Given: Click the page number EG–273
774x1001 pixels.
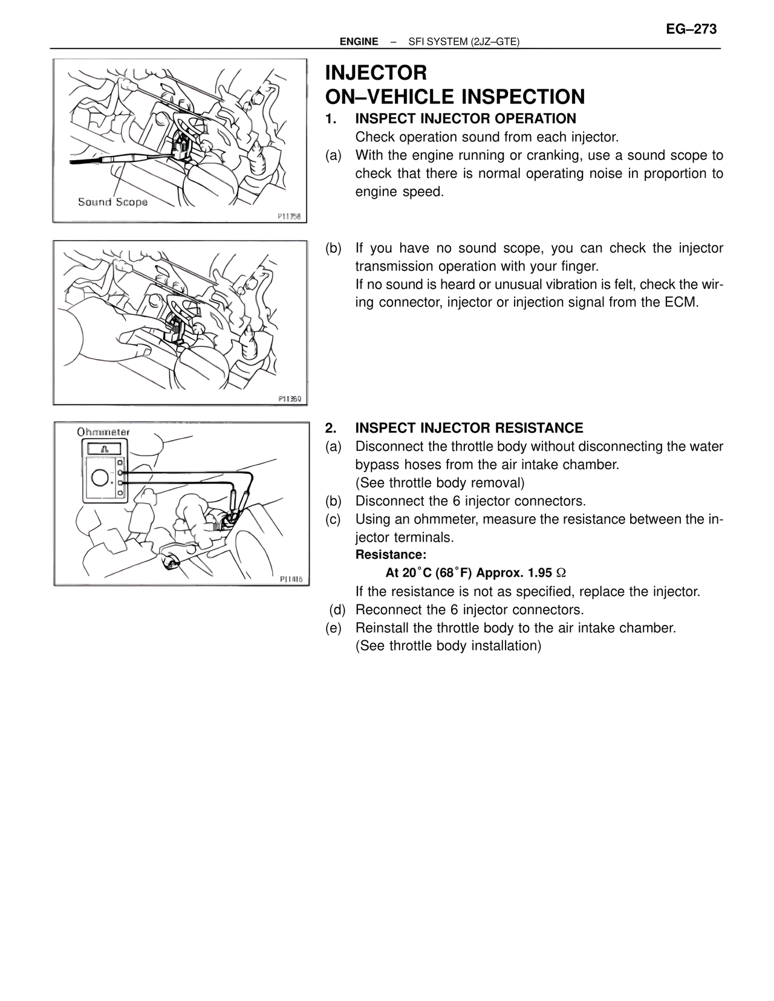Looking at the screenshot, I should tap(691, 29).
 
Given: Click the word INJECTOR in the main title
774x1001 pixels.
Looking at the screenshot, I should tap(376, 73).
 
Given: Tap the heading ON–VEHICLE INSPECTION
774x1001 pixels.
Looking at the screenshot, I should tap(455, 97).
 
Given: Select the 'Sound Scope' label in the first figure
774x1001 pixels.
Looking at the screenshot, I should tap(112, 202).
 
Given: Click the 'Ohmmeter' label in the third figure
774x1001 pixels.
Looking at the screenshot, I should tap(103, 432).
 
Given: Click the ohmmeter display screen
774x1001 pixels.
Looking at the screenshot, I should tap(106, 449).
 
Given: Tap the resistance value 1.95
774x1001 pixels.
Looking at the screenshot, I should tap(539, 573).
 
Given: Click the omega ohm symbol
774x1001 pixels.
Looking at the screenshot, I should tap(561, 573).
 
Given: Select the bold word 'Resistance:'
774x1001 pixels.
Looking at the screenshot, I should tap(391, 555).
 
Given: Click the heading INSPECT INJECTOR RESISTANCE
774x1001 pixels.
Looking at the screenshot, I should tap(469, 428).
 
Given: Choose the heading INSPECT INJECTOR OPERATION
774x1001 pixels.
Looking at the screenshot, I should tap(465, 118).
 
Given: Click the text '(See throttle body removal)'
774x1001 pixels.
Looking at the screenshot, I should tap(440, 483).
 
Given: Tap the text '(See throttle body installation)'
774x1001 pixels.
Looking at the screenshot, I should tap(448, 646).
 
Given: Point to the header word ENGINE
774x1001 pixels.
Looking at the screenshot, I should tap(359, 42).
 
